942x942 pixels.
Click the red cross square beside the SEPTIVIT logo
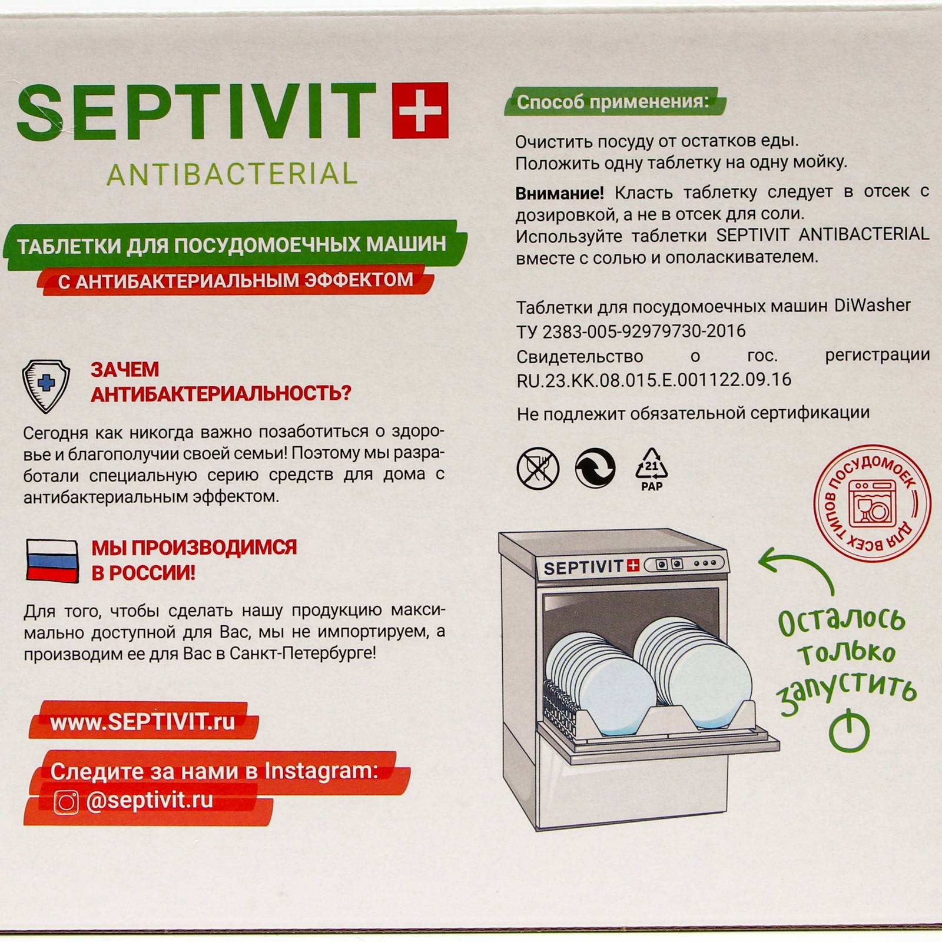point(420,110)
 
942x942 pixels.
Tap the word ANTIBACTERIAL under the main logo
point(232,174)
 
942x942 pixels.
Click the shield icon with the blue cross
point(46,386)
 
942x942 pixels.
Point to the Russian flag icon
point(52,561)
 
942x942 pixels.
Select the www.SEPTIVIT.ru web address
point(142,722)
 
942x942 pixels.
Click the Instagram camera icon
point(66,802)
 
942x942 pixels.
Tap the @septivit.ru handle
point(149,801)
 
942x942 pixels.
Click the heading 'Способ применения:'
point(613,102)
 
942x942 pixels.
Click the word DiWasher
point(873,305)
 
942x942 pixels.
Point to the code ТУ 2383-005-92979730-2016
point(631,331)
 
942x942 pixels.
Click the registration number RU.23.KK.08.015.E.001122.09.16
point(654,380)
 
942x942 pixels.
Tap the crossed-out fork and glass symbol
point(538,468)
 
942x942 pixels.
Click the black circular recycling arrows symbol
point(595,468)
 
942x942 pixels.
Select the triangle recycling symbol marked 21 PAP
point(652,469)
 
